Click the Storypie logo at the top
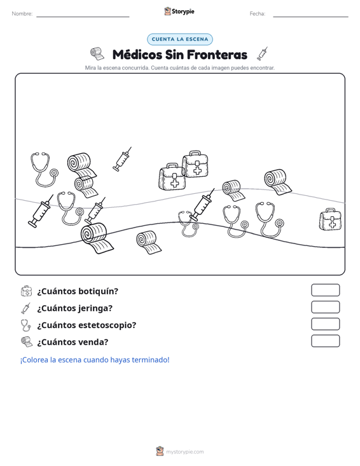(x=179, y=11)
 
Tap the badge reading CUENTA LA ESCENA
(x=180, y=39)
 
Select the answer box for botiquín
(x=325, y=290)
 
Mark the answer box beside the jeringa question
(x=325, y=307)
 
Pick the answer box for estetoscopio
(x=325, y=324)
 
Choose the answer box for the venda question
(x=325, y=341)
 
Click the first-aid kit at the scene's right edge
(x=330, y=219)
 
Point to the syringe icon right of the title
(x=263, y=53)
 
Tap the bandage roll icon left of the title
(x=97, y=53)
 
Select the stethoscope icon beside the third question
(x=25, y=325)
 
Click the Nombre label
(x=22, y=14)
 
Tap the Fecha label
(x=258, y=14)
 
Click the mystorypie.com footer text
(x=185, y=452)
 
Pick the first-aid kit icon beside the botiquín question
(x=26, y=291)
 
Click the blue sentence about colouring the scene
(x=95, y=360)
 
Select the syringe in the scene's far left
(x=41, y=211)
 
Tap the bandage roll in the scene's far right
(x=278, y=182)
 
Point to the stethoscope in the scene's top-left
(x=44, y=170)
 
